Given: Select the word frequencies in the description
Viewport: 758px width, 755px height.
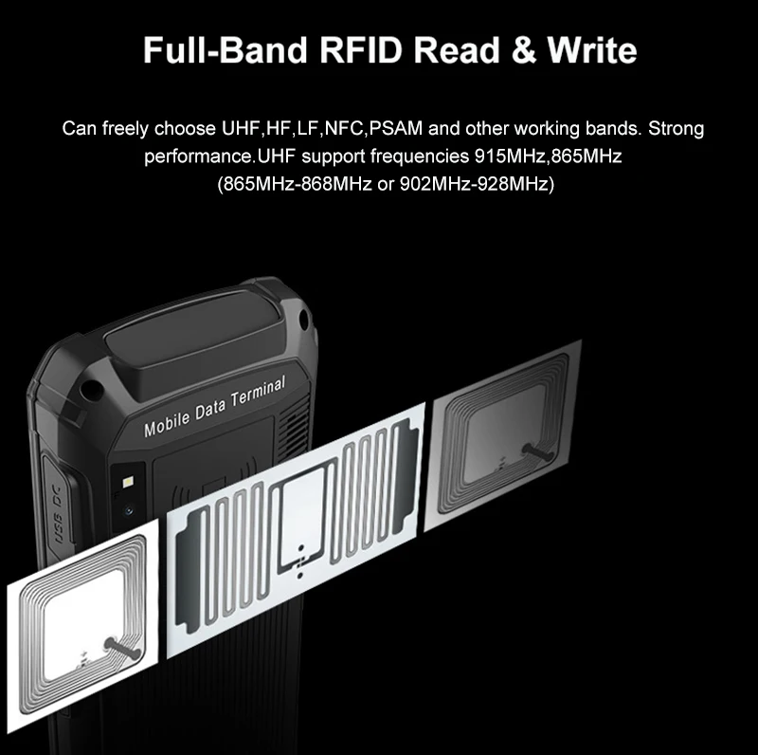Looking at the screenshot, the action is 422,156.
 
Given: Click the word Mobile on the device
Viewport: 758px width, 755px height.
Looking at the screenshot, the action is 166,424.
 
